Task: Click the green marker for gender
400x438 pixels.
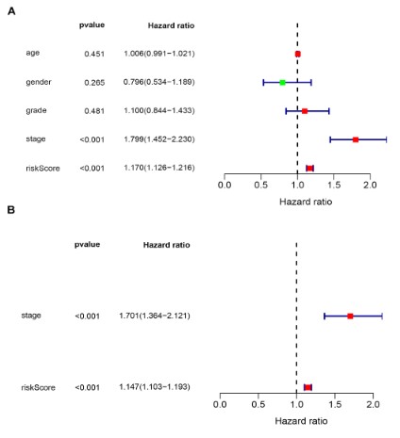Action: click(x=282, y=83)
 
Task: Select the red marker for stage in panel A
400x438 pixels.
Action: click(x=356, y=139)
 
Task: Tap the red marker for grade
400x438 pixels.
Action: click(x=305, y=111)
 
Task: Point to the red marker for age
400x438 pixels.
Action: click(x=298, y=54)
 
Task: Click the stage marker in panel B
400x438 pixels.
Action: click(x=350, y=316)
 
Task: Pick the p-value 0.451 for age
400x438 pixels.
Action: click(x=94, y=54)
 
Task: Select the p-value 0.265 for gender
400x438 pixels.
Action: click(x=94, y=83)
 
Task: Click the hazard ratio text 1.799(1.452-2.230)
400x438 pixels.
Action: click(x=159, y=139)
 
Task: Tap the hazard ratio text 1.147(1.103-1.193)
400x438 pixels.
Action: click(x=155, y=387)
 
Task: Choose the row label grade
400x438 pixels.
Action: click(x=36, y=111)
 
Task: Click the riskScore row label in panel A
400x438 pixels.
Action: click(x=42, y=169)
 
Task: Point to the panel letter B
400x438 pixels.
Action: click(x=11, y=209)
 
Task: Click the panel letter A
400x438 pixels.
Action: click(x=11, y=11)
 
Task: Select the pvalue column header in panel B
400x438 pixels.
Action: click(x=87, y=245)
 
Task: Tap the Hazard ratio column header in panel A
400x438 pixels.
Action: click(x=171, y=25)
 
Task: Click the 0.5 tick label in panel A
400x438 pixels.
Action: click(x=260, y=185)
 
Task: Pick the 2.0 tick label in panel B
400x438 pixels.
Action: click(x=373, y=404)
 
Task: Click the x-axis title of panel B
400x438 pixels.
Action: click(x=301, y=421)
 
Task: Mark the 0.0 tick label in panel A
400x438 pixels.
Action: click(x=225, y=185)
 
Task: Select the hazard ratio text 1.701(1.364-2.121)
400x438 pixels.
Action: click(x=155, y=316)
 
